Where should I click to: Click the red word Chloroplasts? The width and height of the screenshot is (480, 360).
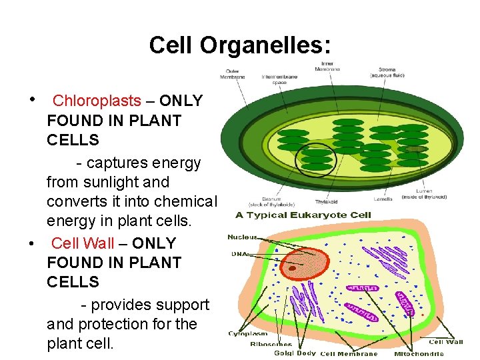point(97,101)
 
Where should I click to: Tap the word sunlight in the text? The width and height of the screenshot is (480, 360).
point(138,182)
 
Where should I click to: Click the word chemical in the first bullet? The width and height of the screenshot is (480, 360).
point(185,201)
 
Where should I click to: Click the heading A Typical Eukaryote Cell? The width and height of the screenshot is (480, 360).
point(303,215)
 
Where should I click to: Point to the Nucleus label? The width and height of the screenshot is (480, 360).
point(242,237)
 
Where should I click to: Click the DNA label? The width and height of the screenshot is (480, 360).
point(239,254)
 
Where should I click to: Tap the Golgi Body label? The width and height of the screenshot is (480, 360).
point(295,353)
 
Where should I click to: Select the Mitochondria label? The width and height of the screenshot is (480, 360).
point(419,353)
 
